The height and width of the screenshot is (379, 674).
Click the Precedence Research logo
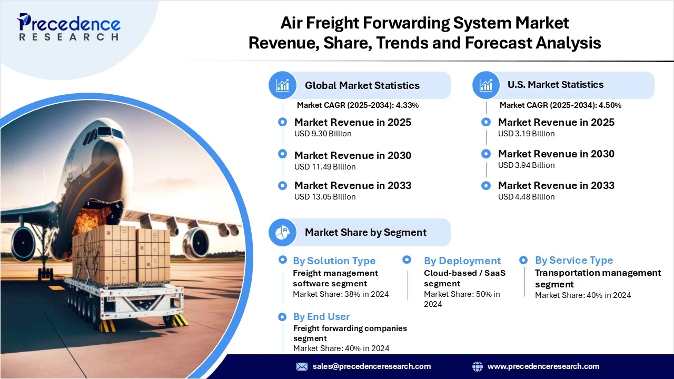pos(69,27)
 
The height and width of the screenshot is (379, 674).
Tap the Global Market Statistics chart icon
pos(283,85)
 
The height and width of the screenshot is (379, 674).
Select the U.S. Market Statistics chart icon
pos(486,85)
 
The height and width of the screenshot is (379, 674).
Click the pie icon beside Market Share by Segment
pos(283,232)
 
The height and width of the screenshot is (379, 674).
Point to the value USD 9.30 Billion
pos(323,134)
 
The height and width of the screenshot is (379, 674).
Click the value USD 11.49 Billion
pos(325,167)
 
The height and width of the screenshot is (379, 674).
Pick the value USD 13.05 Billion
pos(325,197)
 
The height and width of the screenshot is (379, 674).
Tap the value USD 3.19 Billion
pos(526,134)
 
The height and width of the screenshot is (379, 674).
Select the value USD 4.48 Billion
pos(526,197)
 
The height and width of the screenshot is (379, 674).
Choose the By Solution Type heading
pos(334,261)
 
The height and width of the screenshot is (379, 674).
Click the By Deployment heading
pos(462,261)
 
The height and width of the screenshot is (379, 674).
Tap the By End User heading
pos(321,317)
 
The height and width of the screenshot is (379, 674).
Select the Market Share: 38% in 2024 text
pos(341,294)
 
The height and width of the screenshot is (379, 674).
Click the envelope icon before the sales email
pos(302,366)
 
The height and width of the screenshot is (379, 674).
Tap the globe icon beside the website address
pos(478,366)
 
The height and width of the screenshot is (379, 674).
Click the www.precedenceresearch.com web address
pos(543,366)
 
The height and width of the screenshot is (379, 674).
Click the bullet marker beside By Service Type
pos(523,260)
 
